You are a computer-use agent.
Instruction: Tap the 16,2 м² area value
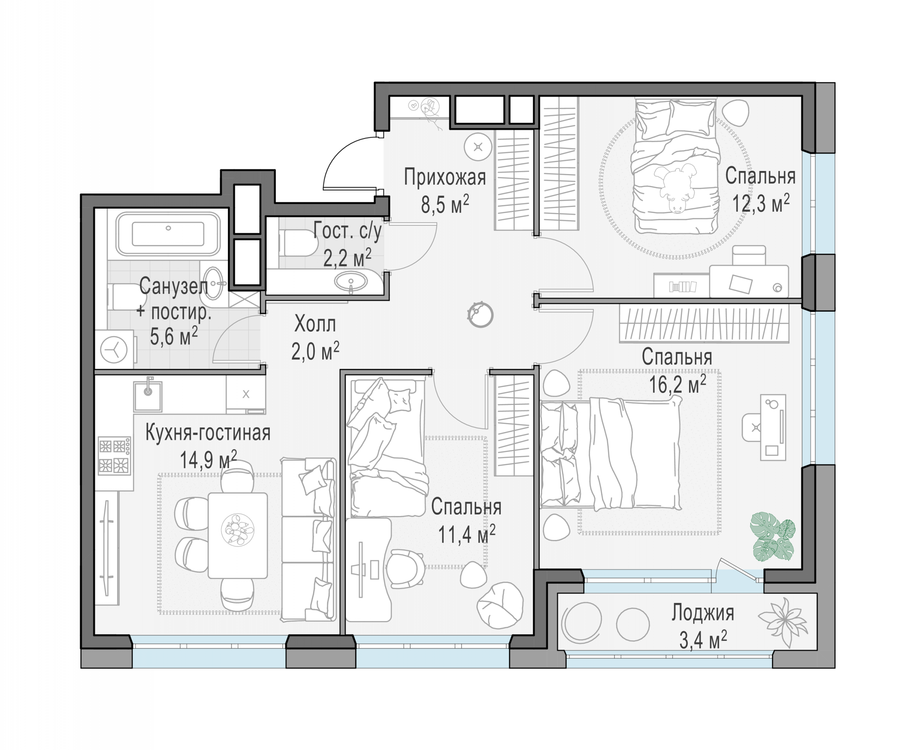[x=678, y=384]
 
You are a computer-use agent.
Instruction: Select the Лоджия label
[x=702, y=613]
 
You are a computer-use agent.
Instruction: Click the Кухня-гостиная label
[x=208, y=432]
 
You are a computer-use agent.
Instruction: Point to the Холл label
[x=315, y=324]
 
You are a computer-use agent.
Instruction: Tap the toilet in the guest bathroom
[x=298, y=243]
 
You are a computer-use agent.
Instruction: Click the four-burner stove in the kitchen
[x=114, y=455]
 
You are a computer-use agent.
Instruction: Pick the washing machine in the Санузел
[x=114, y=349]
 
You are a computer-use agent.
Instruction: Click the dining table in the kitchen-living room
[x=238, y=535]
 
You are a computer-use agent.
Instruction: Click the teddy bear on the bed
[x=675, y=187]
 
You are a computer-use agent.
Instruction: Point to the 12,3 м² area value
[x=761, y=202]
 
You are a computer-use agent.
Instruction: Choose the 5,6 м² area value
[x=174, y=336]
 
